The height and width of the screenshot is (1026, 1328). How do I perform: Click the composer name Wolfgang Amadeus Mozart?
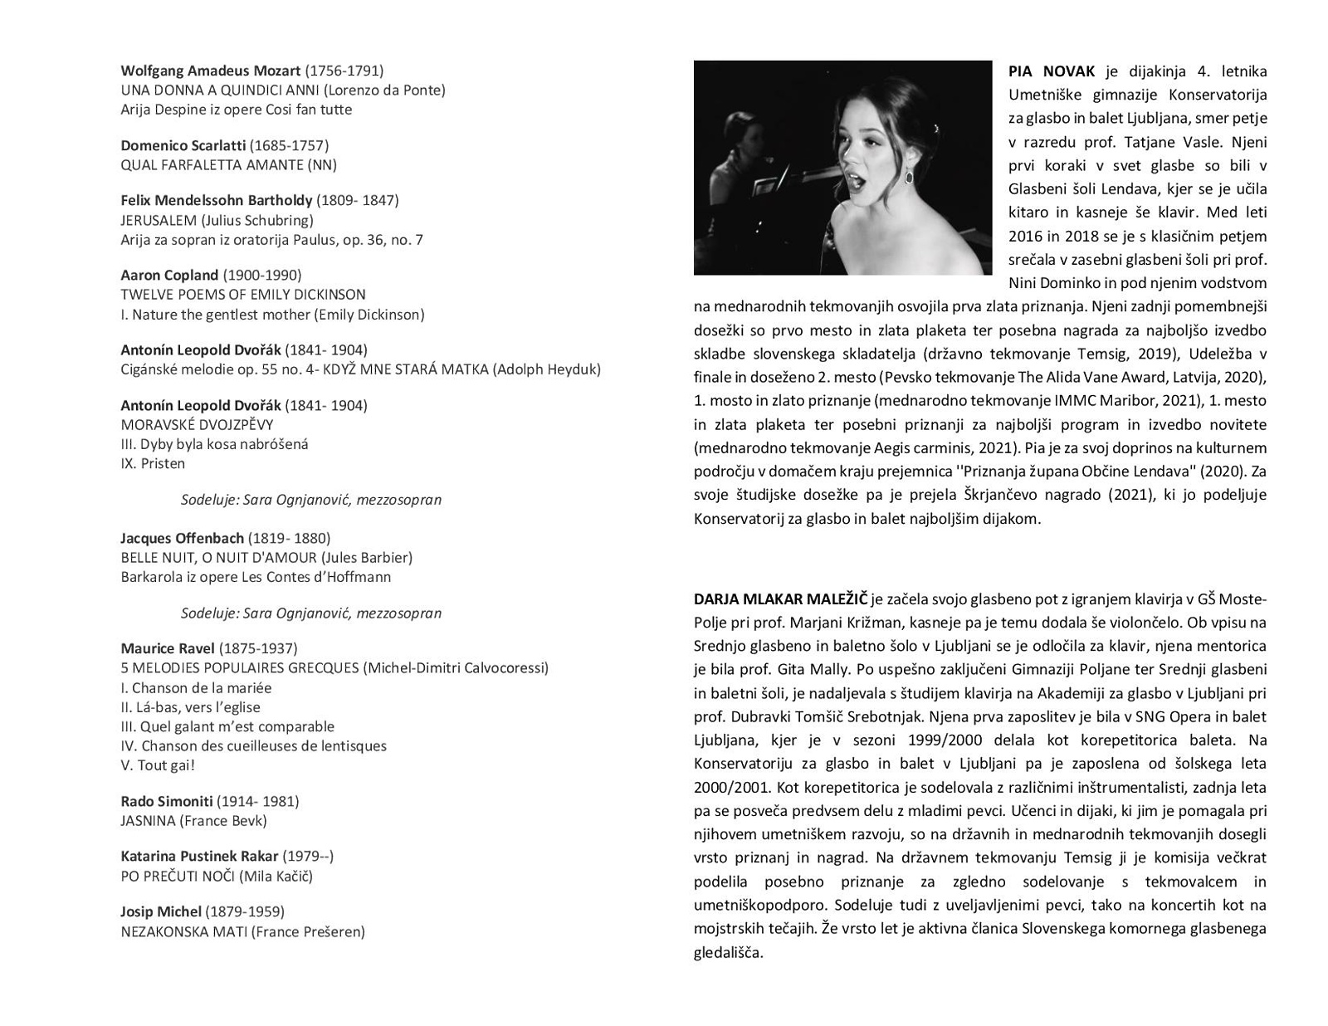pyautogui.click(x=210, y=71)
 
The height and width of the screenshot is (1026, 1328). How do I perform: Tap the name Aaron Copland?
pyautogui.click(x=169, y=275)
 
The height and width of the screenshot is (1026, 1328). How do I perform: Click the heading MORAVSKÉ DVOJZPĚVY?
pyautogui.click(x=197, y=425)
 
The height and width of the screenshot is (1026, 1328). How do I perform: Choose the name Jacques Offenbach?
pyautogui.click(x=182, y=538)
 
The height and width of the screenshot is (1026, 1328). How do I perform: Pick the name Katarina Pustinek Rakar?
pyautogui.click(x=199, y=856)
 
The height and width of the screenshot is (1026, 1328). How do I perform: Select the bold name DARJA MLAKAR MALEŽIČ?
pyautogui.click(x=780, y=598)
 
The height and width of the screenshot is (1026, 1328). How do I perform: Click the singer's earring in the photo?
pyautogui.click(x=910, y=176)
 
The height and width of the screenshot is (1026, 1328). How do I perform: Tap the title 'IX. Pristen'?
pyautogui.click(x=153, y=463)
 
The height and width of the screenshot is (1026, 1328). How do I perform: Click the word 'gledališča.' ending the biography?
pyautogui.click(x=728, y=952)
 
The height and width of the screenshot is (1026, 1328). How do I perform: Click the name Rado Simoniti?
pyautogui.click(x=166, y=801)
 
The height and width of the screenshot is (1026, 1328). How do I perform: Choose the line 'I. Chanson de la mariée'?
pyautogui.click(x=196, y=688)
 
